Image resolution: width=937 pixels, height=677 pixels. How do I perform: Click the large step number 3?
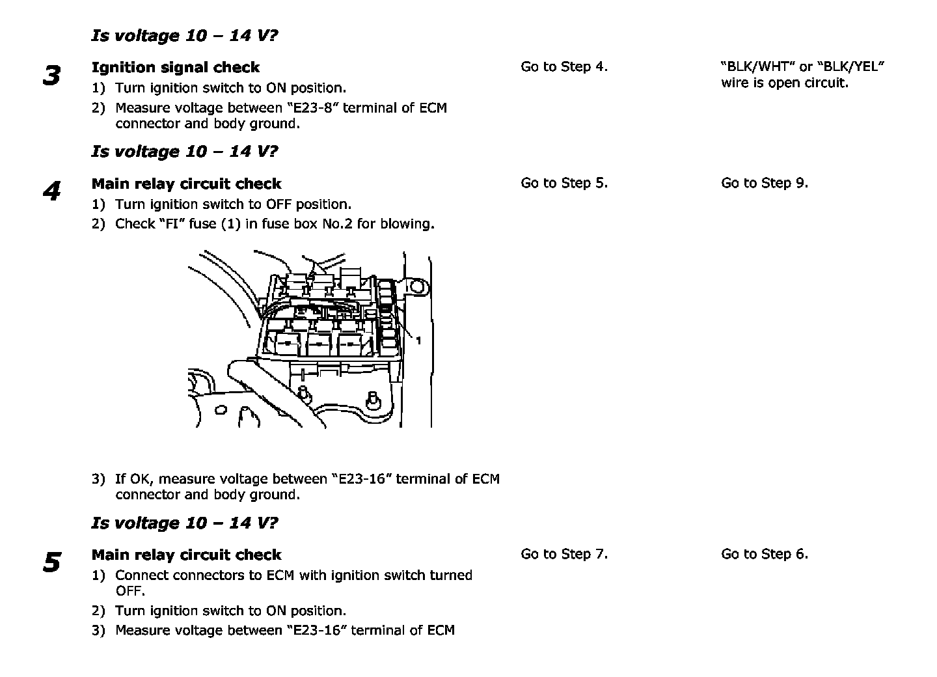tap(52, 76)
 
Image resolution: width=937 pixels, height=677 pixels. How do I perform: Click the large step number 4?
tap(52, 192)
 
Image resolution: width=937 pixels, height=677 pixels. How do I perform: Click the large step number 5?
tap(52, 563)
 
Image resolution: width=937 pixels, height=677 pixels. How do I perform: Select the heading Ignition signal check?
tap(175, 68)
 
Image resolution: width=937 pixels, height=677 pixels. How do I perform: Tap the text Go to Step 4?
tap(564, 67)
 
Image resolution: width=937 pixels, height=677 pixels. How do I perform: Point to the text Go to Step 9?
tap(765, 184)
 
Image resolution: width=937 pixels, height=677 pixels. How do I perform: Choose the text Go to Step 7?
tap(564, 555)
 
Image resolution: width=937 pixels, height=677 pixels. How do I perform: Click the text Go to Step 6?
tap(765, 555)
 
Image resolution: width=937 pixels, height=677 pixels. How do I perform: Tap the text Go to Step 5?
tap(564, 184)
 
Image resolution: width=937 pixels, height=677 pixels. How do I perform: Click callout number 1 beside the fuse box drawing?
tap(419, 340)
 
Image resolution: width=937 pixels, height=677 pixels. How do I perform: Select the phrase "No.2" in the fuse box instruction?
tap(338, 225)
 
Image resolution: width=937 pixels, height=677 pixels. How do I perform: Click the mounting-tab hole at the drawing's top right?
tap(416, 286)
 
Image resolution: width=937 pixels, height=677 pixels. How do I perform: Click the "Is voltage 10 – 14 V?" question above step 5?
tap(185, 523)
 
